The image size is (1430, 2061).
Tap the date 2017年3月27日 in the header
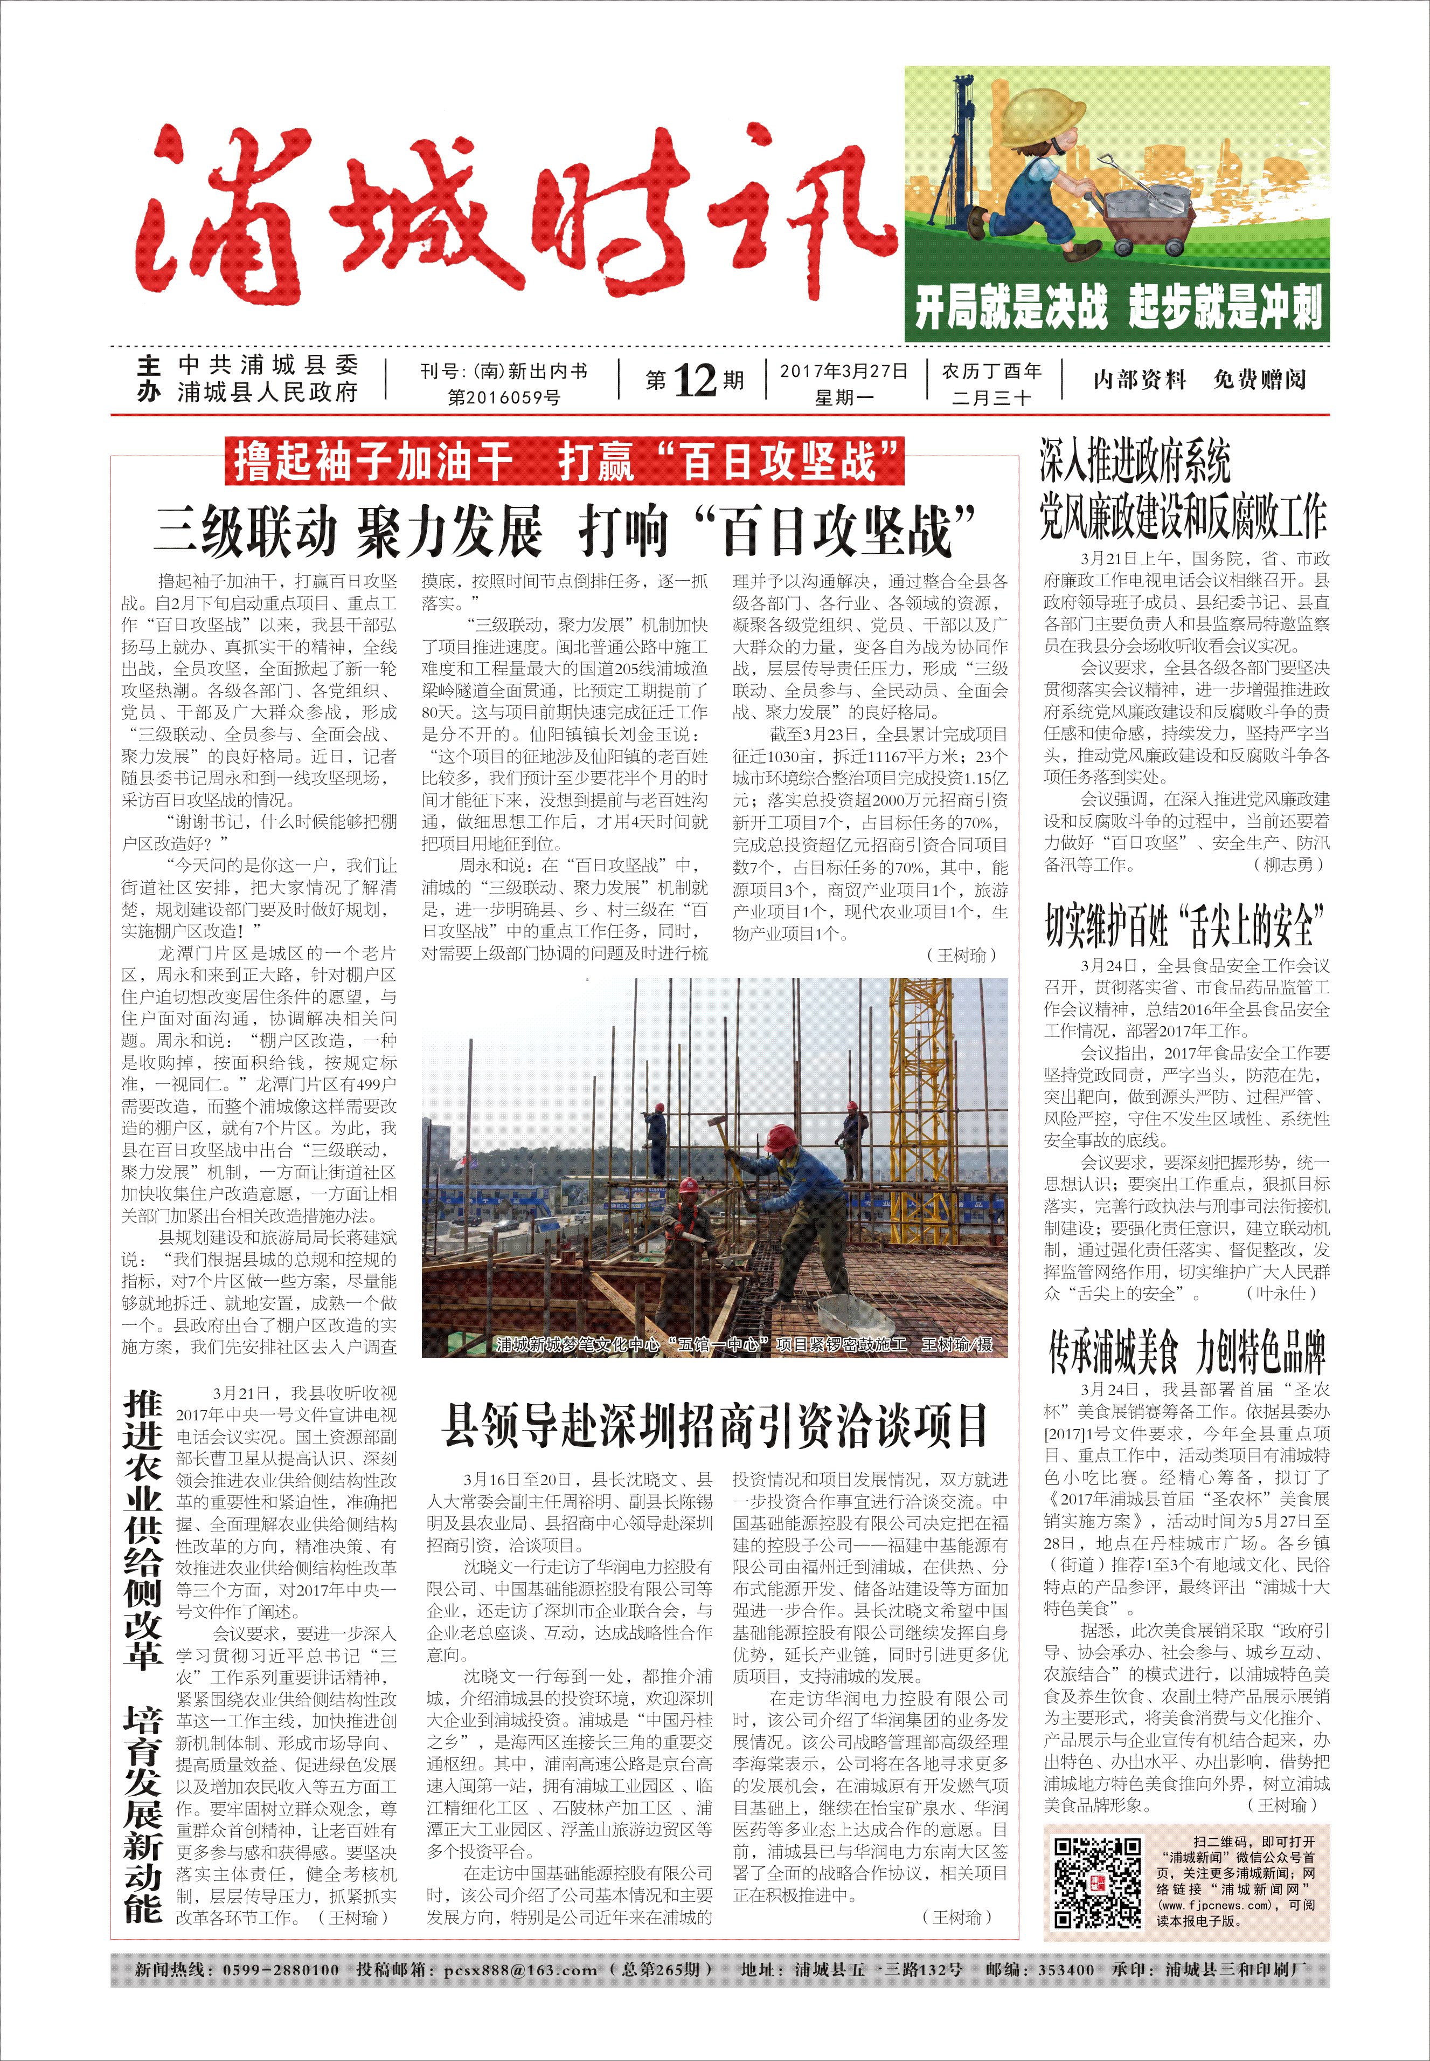click(843, 371)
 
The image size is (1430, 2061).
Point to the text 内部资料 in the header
click(1139, 380)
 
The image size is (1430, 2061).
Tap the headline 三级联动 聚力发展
click(350, 531)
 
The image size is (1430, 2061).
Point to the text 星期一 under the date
click(843, 397)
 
